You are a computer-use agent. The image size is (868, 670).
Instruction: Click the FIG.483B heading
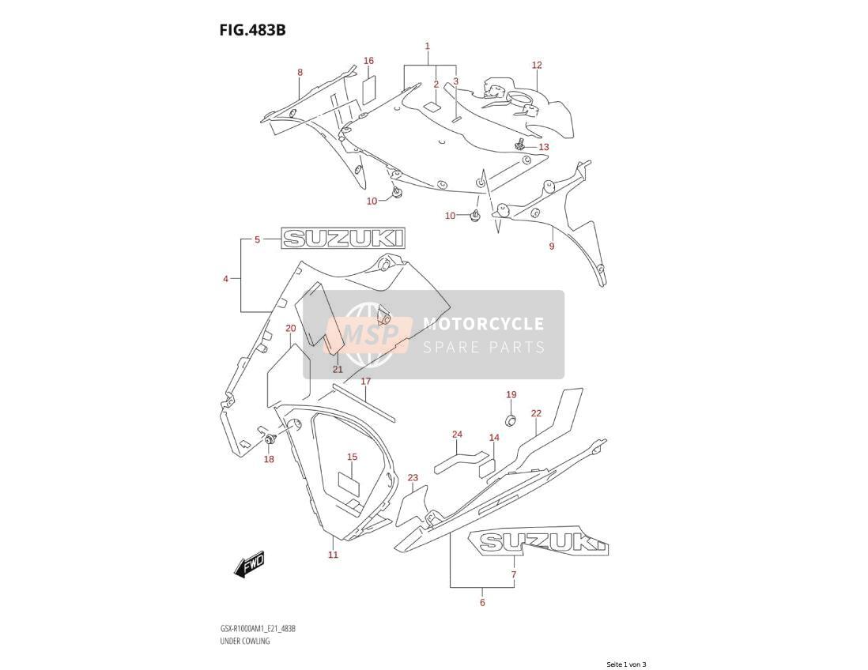tap(252, 30)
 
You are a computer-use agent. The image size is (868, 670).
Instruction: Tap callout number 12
tap(537, 66)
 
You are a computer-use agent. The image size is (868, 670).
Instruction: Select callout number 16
tap(368, 61)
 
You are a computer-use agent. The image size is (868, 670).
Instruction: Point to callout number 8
tap(300, 73)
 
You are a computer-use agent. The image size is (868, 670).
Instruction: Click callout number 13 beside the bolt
tap(544, 147)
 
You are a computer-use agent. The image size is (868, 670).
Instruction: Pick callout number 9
tap(551, 247)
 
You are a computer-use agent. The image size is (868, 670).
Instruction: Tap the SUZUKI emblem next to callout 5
tap(342, 239)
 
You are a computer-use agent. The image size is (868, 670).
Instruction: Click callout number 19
tap(511, 394)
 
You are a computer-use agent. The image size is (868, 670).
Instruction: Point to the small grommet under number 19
tap(511, 420)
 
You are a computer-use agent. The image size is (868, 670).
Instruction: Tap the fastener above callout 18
tap(271, 440)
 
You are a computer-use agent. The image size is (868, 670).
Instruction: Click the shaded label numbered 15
tap(349, 482)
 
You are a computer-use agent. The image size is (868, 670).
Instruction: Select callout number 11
tap(333, 555)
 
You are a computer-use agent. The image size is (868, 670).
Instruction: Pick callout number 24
tap(457, 435)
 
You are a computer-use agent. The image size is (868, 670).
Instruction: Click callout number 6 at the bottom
tap(482, 603)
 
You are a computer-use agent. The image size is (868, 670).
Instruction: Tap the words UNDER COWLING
tap(243, 642)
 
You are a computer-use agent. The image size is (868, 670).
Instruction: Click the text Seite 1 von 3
tap(626, 664)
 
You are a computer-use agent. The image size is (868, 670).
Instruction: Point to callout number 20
tap(291, 329)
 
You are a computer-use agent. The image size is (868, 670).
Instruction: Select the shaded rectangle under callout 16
tap(369, 88)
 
